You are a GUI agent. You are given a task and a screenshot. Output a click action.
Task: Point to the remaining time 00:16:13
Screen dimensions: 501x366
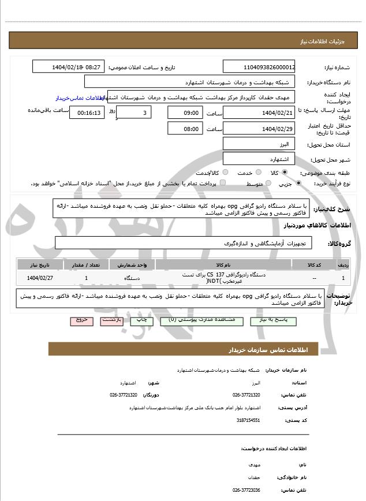point(87,113)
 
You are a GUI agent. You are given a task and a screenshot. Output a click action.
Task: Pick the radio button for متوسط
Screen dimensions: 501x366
point(268,184)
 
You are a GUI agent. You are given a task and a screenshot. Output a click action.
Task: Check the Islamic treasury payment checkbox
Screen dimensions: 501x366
point(223,184)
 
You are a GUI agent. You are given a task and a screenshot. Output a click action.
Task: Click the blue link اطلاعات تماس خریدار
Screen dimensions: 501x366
point(75,99)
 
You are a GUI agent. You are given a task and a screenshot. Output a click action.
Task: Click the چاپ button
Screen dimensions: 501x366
point(140,319)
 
